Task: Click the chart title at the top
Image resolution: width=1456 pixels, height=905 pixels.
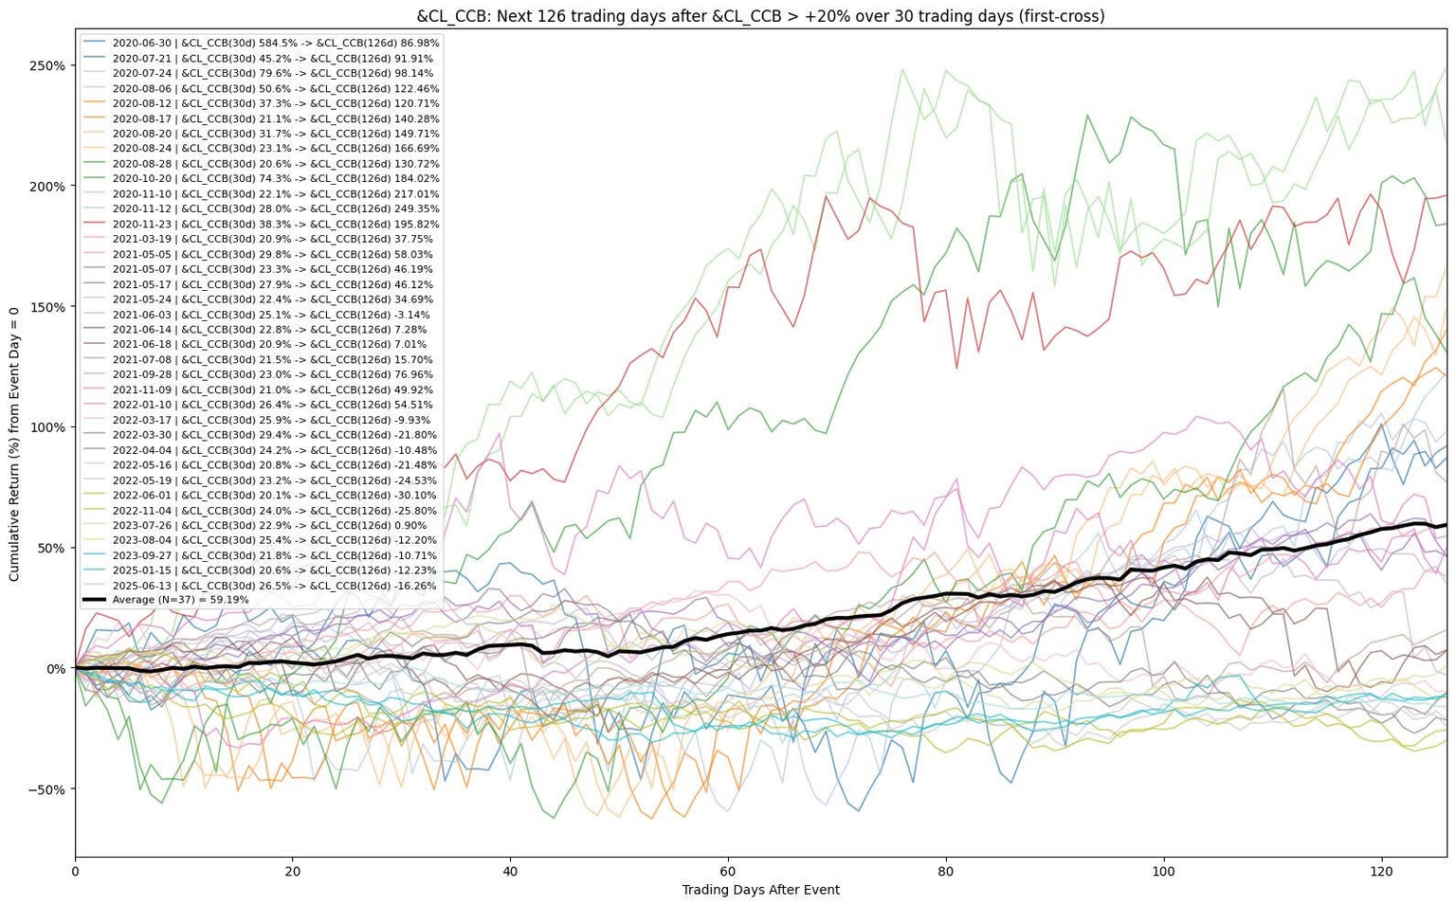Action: pyautogui.click(x=760, y=16)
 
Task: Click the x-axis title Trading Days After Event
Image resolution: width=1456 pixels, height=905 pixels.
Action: pyautogui.click(x=760, y=890)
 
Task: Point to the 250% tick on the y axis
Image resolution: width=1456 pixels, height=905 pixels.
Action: pyautogui.click(x=47, y=65)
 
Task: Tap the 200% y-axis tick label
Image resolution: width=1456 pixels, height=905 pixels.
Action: pyautogui.click(x=47, y=186)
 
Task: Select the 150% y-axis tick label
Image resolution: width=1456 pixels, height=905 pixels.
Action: pyautogui.click(x=47, y=307)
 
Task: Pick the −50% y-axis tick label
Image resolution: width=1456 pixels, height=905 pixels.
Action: pyautogui.click(x=45, y=789)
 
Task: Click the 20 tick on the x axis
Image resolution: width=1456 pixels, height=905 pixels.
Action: pyautogui.click(x=293, y=871)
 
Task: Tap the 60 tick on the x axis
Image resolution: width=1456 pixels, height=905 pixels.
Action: pyautogui.click(x=728, y=871)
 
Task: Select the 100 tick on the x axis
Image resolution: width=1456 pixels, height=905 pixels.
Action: pyautogui.click(x=1163, y=871)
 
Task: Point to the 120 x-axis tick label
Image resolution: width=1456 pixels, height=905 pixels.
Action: pyautogui.click(x=1381, y=871)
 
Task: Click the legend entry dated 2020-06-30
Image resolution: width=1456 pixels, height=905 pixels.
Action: pyautogui.click(x=275, y=43)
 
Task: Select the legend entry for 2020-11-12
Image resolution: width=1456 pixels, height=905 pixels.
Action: pyautogui.click(x=275, y=208)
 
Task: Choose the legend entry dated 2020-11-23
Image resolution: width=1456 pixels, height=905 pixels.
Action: pyautogui.click(x=275, y=224)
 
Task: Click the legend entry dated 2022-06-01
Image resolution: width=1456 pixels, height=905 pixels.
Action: pyautogui.click(x=275, y=495)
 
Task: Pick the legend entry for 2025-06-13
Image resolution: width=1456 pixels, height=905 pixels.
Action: pyautogui.click(x=275, y=586)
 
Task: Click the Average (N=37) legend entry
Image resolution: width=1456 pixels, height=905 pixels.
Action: pyautogui.click(x=180, y=600)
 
